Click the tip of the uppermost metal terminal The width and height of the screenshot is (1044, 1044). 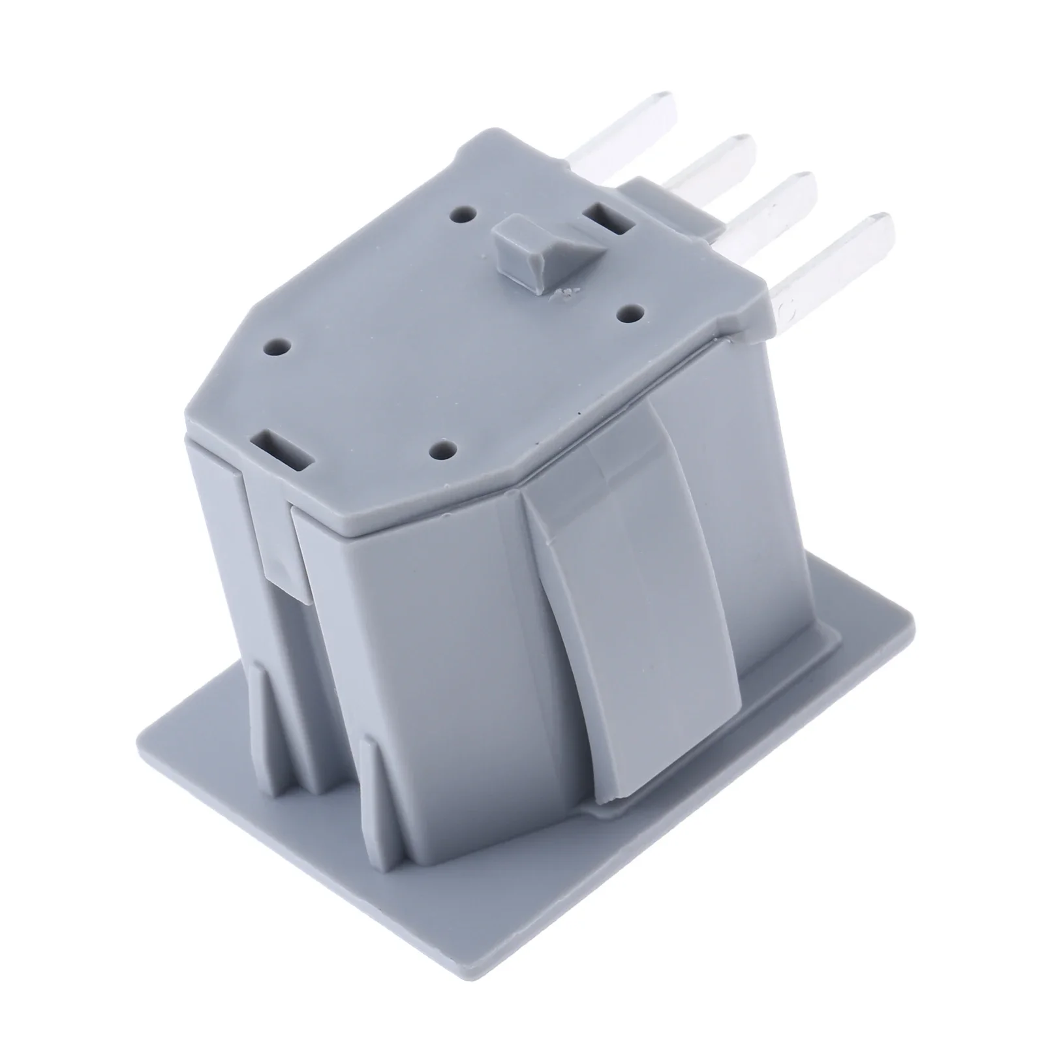pos(662,104)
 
